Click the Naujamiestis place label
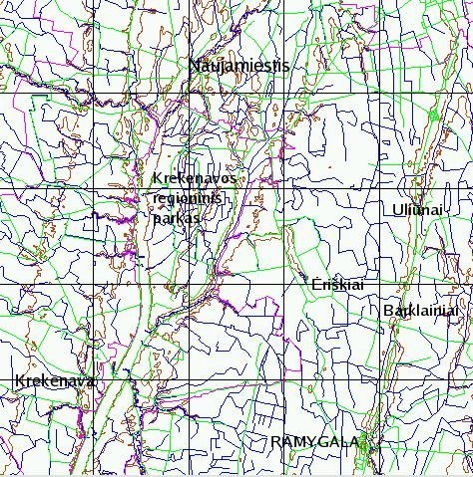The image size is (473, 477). (239, 66)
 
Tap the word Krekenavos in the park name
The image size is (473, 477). (195, 179)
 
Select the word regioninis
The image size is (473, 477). (189, 198)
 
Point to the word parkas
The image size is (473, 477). (178, 217)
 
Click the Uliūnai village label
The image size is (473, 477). (417, 208)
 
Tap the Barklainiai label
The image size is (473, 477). (420, 311)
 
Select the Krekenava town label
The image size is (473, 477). (54, 381)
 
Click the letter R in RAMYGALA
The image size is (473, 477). (275, 441)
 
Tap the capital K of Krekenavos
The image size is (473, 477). (158, 179)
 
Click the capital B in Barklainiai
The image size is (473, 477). (387, 311)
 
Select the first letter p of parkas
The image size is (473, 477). (158, 218)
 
